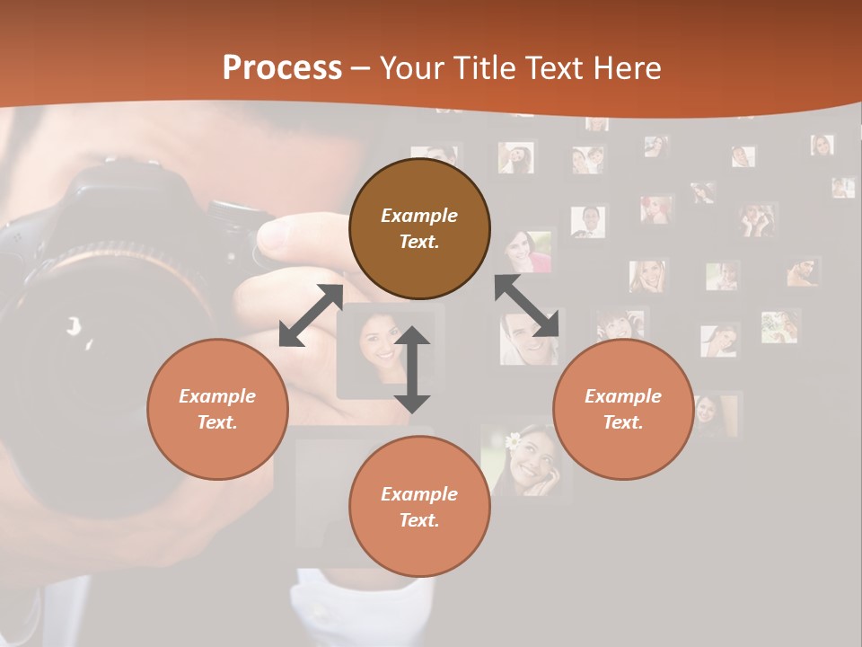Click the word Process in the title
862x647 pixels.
click(282, 68)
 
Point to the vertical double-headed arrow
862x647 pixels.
click(412, 369)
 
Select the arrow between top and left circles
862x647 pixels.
click(311, 315)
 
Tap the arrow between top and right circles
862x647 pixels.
click(526, 306)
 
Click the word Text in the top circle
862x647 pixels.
click(419, 242)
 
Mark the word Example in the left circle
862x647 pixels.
click(217, 396)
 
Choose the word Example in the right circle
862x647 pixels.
click(623, 396)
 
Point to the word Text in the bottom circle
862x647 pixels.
click(419, 520)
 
